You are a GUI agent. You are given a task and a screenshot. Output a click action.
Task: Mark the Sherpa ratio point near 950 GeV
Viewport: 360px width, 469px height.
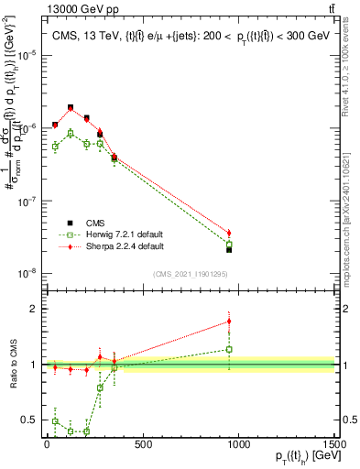[229, 322]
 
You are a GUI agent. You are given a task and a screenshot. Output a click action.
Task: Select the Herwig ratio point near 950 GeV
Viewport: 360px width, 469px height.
[229, 349]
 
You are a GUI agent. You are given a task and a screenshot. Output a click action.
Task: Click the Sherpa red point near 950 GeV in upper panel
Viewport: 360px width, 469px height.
[229, 233]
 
